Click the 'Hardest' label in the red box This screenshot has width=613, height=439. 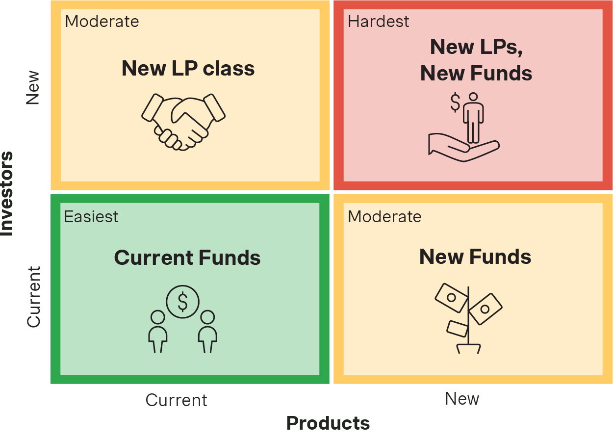378,22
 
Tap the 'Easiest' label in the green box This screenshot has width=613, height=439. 91,216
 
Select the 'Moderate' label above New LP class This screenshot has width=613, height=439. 102,22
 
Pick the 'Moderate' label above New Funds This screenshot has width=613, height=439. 384,216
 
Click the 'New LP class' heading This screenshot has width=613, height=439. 188,68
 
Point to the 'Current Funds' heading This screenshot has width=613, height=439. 187,258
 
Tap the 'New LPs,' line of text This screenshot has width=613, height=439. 477,47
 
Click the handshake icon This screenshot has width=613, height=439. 183,122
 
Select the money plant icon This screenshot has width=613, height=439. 468,318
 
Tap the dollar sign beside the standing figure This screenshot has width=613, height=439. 456,103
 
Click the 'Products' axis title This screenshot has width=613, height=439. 328,423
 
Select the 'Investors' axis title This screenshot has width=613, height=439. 6,193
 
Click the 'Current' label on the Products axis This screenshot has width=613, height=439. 176,400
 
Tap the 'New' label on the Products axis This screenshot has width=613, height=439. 462,398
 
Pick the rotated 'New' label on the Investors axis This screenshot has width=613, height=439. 33,88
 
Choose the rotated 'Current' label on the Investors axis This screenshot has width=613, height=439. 34,297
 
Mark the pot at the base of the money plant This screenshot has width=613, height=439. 468,349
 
